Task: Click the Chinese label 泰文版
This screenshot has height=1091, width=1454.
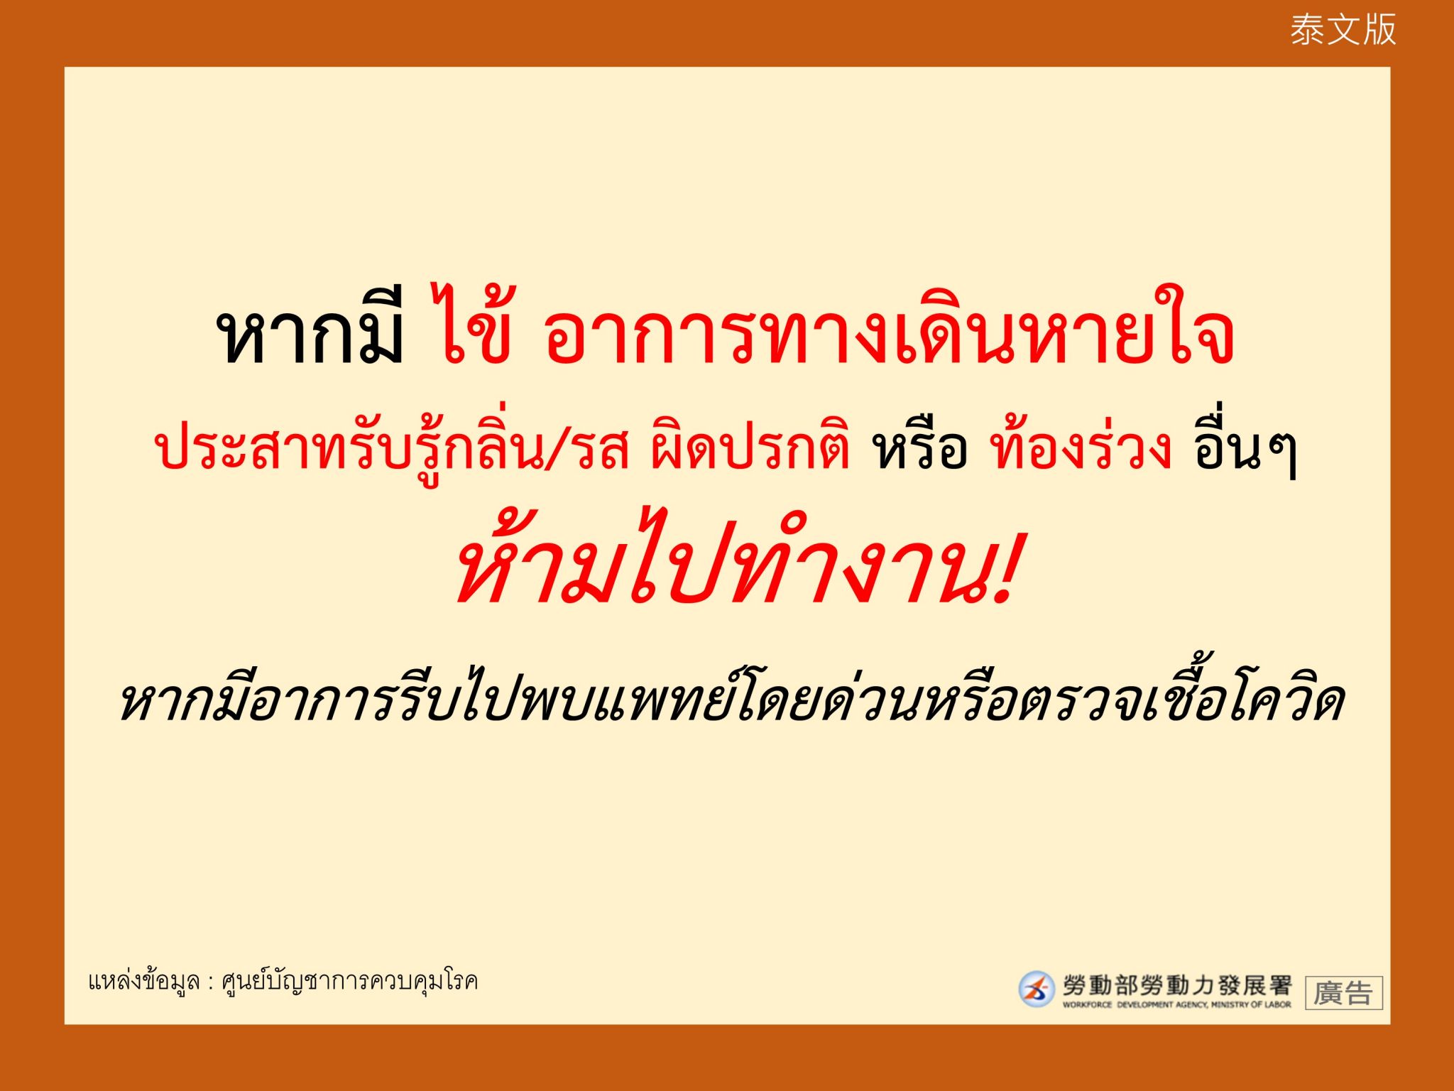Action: coord(1343,31)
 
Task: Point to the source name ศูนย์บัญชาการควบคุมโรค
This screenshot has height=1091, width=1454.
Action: coord(350,982)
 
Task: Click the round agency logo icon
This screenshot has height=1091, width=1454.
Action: coord(1037,989)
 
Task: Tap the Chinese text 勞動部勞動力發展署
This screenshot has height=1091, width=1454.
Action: coord(1177,985)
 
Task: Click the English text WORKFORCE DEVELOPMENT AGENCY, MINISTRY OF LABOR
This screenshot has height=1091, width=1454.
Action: coord(1177,1004)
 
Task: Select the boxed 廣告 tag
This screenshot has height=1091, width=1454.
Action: coord(1344,992)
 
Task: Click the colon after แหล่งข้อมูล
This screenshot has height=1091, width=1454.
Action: coord(211,984)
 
